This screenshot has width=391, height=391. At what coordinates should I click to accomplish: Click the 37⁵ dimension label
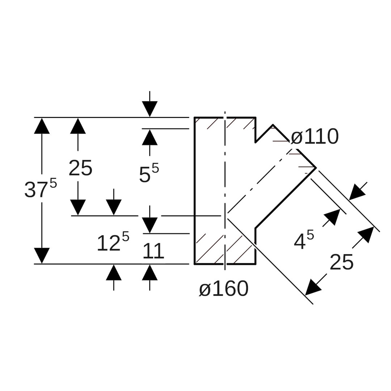pos(41,189)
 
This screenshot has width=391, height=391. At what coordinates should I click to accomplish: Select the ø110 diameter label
pos(315,137)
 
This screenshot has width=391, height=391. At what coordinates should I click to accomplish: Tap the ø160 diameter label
pos(224,289)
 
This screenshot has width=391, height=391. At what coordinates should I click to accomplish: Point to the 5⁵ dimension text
pos(149,173)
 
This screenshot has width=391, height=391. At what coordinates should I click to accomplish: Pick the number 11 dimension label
pos(153,251)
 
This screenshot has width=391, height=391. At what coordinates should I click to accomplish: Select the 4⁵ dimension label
pos(303,240)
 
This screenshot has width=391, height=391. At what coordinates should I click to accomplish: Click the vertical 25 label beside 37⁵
pos(80,168)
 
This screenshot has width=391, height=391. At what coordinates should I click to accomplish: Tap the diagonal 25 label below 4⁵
pos(341,262)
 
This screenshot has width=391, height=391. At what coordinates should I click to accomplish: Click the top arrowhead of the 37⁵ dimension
pos(42,126)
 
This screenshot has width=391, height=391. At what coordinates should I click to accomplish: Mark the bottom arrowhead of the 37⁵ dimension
pos(42,256)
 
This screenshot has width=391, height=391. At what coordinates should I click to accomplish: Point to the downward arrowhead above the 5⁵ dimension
pos(150,109)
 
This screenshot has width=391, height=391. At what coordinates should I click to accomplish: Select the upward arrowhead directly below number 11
pos(150,272)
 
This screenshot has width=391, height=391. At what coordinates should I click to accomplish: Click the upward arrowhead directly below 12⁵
pos(114,272)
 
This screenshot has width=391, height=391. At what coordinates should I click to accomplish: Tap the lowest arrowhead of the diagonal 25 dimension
pos(312,288)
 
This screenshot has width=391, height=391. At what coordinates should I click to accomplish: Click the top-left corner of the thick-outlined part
pos(195,118)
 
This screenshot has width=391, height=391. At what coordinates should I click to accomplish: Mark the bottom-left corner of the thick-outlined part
pos(195,264)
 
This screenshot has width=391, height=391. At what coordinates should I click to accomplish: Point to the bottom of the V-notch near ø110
pos(256,142)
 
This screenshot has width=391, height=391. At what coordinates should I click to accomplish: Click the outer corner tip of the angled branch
pos(316,168)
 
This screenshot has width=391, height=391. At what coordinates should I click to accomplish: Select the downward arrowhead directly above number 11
pos(150,225)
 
